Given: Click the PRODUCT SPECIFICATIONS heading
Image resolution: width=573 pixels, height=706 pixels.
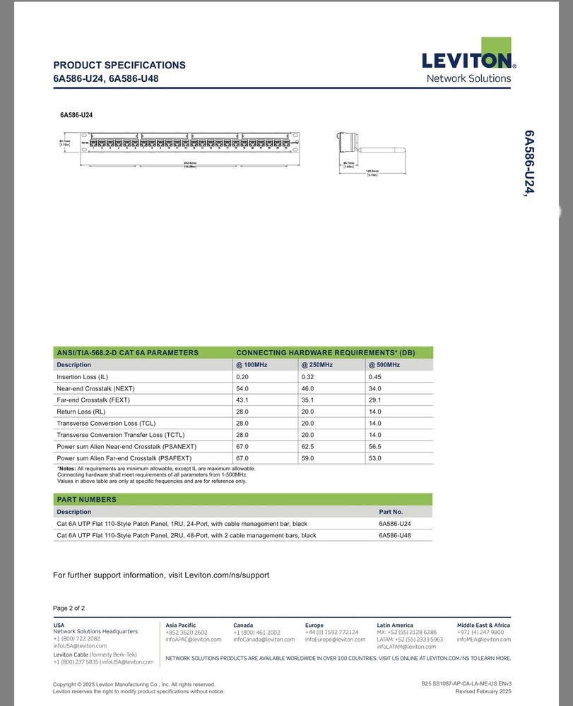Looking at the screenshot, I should (x=119, y=65).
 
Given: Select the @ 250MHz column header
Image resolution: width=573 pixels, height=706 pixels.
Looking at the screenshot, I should (x=317, y=365).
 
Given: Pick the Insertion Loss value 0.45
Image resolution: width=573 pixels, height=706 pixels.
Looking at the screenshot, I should (x=374, y=377).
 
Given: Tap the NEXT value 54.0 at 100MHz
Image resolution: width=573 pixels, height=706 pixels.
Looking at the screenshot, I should (x=242, y=388).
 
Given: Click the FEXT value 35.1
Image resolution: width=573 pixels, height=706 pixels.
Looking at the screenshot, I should (x=309, y=400).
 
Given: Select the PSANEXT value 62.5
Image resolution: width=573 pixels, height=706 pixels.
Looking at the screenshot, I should (x=309, y=447).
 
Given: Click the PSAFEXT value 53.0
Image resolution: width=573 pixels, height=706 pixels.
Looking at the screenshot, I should (x=374, y=458).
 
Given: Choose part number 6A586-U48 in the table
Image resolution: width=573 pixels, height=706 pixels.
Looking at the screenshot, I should (x=395, y=535).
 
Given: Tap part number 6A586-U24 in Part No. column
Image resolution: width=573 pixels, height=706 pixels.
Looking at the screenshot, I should (x=395, y=524).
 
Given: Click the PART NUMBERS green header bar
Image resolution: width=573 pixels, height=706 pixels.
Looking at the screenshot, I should (x=243, y=500).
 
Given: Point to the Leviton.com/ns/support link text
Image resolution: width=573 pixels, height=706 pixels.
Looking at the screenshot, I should (x=227, y=575).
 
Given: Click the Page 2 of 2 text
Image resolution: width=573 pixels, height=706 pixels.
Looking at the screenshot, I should (x=69, y=608).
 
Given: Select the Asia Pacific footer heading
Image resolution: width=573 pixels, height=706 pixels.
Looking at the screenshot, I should (x=181, y=625).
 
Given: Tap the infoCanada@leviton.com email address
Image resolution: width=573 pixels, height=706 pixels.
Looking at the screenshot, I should (x=264, y=640).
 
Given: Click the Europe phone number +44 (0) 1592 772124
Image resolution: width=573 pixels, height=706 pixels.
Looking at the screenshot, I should (x=331, y=633).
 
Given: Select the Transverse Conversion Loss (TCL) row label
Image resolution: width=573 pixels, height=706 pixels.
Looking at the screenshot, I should (x=106, y=424).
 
